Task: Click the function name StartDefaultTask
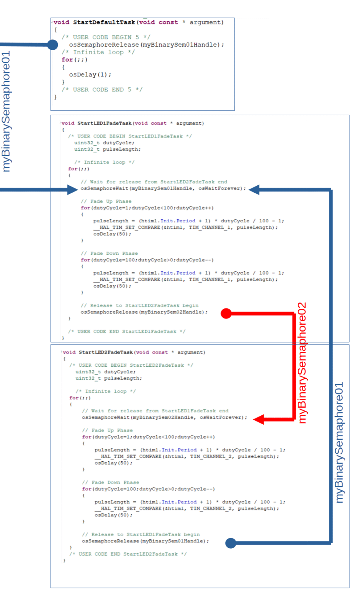(104, 22)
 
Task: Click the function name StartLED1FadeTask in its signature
(105, 123)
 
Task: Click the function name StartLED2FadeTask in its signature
(106, 352)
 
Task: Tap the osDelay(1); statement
(90, 75)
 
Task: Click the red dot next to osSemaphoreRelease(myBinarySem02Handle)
(226, 313)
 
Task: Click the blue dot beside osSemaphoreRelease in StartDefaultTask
(52, 45)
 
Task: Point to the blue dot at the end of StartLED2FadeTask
(231, 543)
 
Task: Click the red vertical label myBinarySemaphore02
(302, 363)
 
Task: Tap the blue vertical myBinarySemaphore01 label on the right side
(339, 442)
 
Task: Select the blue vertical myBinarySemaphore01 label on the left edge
(6, 111)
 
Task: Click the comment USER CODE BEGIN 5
(106, 37)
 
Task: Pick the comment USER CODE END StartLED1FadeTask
(127, 332)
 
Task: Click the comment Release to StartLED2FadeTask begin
(140, 305)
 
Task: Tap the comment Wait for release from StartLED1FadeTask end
(155, 411)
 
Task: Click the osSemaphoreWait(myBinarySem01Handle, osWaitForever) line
(163, 188)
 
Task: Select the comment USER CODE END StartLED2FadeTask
(128, 554)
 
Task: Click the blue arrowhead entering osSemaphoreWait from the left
(73, 190)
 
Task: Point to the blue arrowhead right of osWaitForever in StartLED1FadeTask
(254, 190)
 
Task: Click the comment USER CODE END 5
(102, 90)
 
